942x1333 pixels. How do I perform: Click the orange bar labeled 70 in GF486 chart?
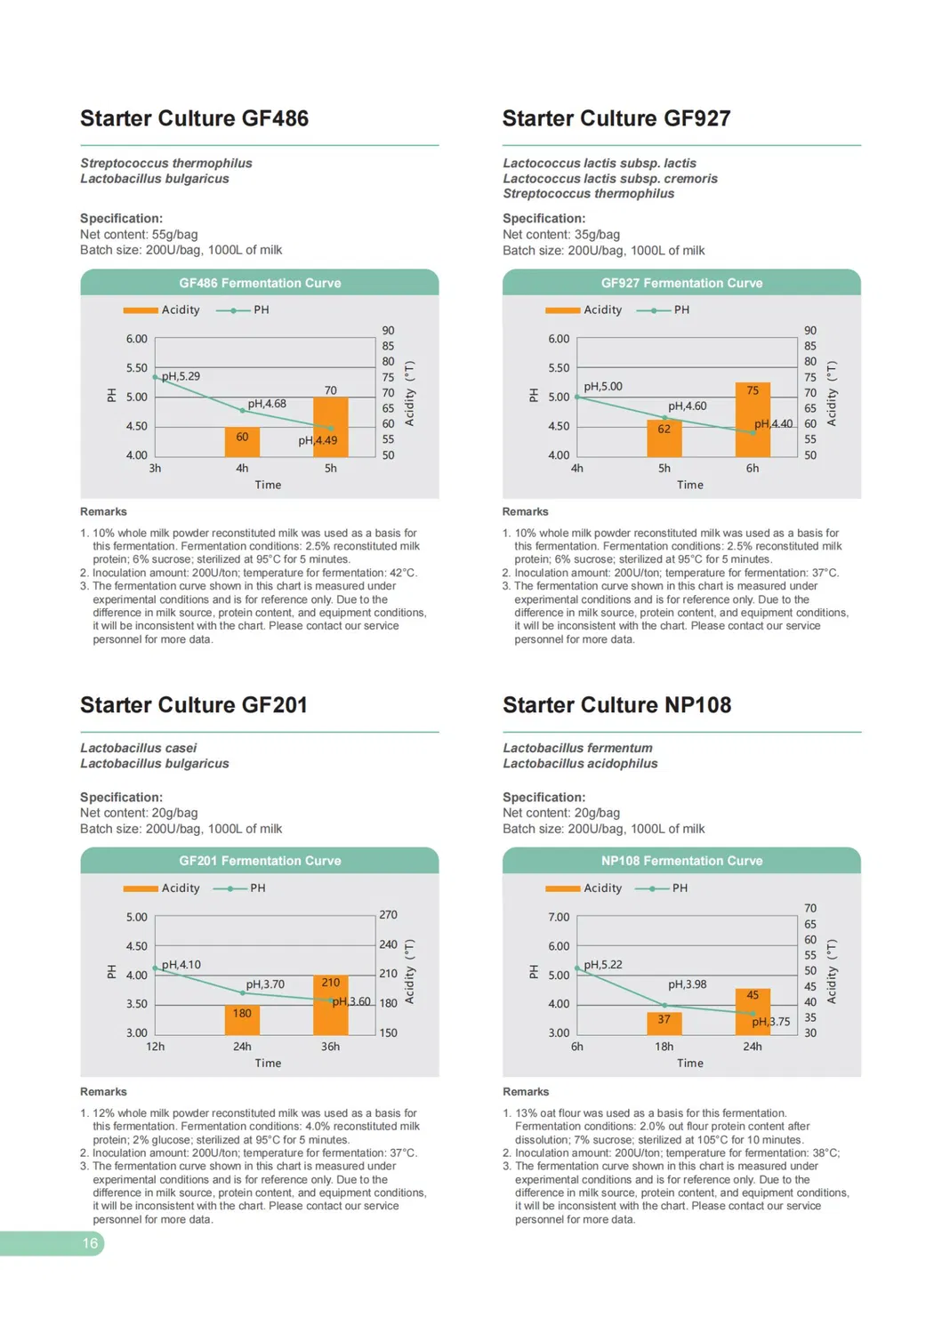coord(330,427)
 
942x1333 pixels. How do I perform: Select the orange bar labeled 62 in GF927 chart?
coord(664,438)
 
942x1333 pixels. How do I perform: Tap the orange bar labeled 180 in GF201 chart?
coord(242,1020)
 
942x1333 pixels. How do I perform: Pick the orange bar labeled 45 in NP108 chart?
coord(753,1011)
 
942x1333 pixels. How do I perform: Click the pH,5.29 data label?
coord(181,376)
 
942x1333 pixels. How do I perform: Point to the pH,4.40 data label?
coord(773,424)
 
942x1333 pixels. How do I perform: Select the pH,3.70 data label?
coord(265,984)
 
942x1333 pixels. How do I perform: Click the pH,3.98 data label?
coord(688,984)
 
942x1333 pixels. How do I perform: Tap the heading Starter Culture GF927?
coord(616,118)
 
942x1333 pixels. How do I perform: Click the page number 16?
coord(90,1243)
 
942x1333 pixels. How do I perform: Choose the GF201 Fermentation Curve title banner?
coord(260,861)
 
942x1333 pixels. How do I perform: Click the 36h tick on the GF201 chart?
coord(330,1047)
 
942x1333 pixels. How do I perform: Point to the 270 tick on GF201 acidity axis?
coord(389,915)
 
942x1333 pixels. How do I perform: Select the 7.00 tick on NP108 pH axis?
coord(559,917)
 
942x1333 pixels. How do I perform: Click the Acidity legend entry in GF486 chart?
coord(162,309)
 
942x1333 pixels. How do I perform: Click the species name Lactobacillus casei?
coord(138,748)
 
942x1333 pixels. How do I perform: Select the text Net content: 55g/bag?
coord(139,235)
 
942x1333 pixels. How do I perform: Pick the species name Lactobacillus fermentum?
coord(577,748)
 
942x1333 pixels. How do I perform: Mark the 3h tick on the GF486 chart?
coord(155,468)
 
